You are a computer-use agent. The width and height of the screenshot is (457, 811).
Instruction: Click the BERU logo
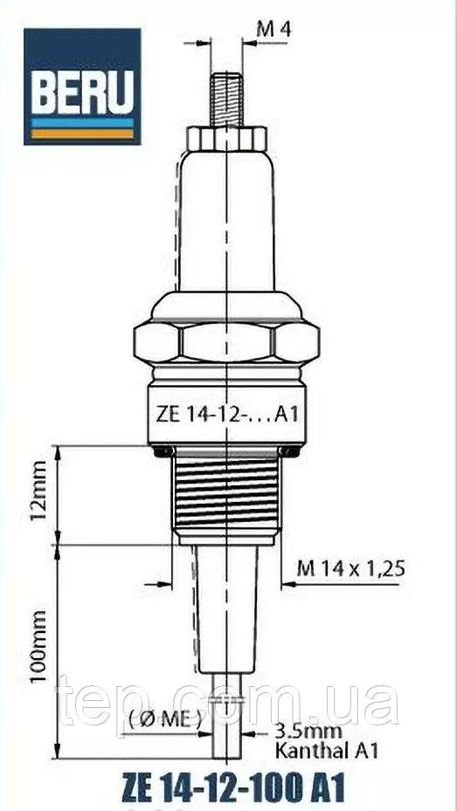(x=82, y=86)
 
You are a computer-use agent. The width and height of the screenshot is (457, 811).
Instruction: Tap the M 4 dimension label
(x=274, y=30)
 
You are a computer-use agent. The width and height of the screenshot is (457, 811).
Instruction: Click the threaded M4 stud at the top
(x=226, y=100)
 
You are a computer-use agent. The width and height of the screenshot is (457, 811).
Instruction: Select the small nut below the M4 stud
(x=226, y=138)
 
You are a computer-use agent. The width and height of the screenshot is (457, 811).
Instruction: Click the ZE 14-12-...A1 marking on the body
(x=227, y=415)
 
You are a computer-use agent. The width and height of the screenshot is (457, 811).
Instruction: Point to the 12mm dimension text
(x=38, y=491)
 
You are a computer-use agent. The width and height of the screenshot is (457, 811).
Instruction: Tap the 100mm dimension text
(x=38, y=647)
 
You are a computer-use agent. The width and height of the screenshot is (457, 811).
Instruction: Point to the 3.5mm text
(x=308, y=732)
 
